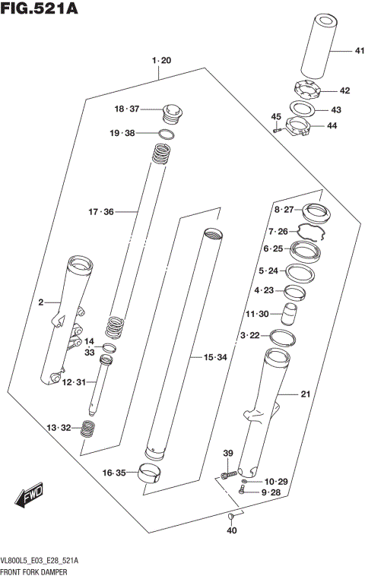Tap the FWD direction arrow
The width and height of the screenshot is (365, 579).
coord(29,498)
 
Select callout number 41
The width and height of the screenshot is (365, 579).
coord(338,51)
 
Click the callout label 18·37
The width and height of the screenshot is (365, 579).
coord(128,109)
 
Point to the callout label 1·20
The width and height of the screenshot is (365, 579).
coord(161,60)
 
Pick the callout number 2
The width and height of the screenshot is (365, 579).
coord(41,303)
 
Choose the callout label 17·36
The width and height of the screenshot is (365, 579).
coord(100,211)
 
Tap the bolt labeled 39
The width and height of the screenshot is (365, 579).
coord(226,475)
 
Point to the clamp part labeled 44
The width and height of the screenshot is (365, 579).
coord(301,126)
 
